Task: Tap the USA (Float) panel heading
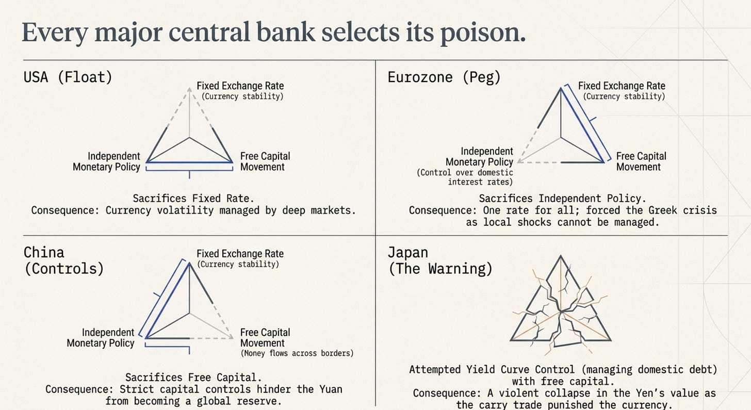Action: pyautogui.click(x=68, y=77)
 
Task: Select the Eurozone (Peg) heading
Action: pyautogui.click(x=444, y=77)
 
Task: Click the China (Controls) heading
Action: pyautogui.click(x=64, y=261)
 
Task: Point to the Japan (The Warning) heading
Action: pyautogui.click(x=440, y=261)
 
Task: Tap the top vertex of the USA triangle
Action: pyautogui.click(x=189, y=89)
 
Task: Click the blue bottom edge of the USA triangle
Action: pyautogui.click(x=189, y=162)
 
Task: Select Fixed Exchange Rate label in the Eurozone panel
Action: pyautogui.click(x=622, y=86)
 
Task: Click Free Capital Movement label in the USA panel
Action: pyautogui.click(x=265, y=161)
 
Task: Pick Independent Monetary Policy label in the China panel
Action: pyautogui.click(x=101, y=338)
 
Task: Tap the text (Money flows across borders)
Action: pyautogui.click(x=297, y=353)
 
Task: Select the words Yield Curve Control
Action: pyautogui.click(x=520, y=370)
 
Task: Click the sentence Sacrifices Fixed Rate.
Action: pyautogui.click(x=193, y=199)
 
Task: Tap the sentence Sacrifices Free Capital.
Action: pyautogui.click(x=193, y=378)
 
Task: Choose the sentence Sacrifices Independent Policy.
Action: pyautogui.click(x=563, y=199)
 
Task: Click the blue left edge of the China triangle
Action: pyautogui.click(x=168, y=300)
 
